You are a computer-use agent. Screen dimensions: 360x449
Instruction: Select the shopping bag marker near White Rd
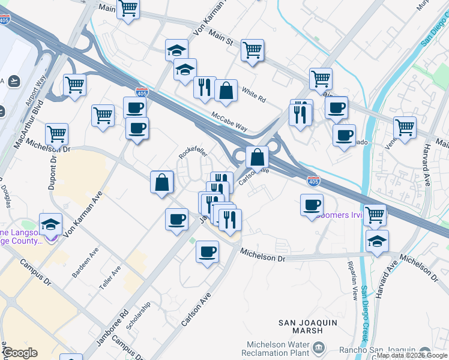point(226,91)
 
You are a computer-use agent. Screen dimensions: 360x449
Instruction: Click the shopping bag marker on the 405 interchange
point(257,157)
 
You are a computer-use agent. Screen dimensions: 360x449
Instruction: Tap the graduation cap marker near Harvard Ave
point(377,241)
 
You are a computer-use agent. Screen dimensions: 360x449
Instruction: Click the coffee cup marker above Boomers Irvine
point(312,205)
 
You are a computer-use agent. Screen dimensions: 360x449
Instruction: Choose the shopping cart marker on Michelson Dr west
point(57,134)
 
